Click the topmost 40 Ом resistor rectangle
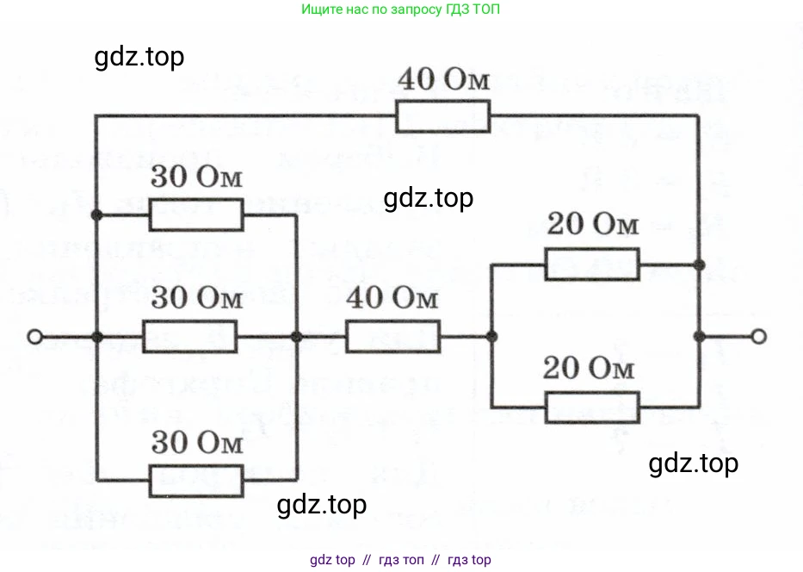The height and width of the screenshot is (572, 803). (442, 116)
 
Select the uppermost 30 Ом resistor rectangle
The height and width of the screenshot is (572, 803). (196, 214)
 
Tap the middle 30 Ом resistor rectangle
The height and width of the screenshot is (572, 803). (189, 337)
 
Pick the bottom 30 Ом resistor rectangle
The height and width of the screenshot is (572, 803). (196, 479)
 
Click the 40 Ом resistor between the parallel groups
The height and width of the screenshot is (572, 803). (392, 337)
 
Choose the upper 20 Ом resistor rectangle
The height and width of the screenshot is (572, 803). (592, 264)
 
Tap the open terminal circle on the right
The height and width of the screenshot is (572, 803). (757, 337)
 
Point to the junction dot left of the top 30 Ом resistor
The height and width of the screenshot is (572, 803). (97, 214)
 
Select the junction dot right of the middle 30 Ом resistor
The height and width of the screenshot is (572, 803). (295, 337)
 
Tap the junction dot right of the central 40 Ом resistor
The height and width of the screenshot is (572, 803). (491, 337)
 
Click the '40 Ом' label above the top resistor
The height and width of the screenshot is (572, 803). (442, 83)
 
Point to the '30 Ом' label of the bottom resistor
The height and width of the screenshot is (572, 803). (196, 445)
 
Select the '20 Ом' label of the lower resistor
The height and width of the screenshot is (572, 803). (592, 369)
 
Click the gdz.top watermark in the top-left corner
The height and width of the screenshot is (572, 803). (139, 58)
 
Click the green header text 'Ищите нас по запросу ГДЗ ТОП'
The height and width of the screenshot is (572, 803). (400, 10)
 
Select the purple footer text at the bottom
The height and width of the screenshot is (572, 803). (400, 560)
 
